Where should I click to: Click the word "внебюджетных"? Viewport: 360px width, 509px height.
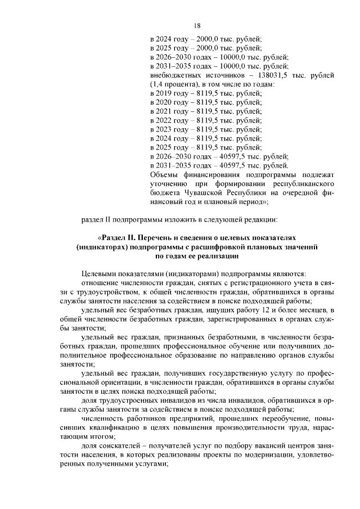pos(175,75)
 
